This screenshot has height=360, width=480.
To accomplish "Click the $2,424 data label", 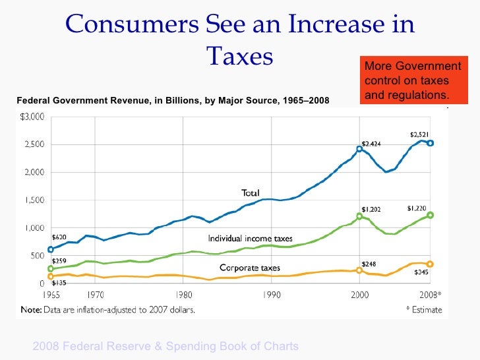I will click(x=371, y=143).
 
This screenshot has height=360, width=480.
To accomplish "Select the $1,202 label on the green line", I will click(x=371, y=209).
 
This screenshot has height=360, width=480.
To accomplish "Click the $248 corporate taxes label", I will click(x=370, y=264).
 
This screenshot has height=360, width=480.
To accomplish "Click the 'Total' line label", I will click(x=250, y=193).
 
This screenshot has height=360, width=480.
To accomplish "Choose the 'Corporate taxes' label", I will click(x=250, y=268).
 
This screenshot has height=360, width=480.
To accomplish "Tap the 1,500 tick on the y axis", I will click(x=34, y=200).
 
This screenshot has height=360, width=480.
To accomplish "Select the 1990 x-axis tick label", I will click(x=272, y=295).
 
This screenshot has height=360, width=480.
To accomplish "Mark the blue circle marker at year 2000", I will click(x=359, y=149).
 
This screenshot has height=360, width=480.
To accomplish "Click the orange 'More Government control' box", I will click(x=413, y=81).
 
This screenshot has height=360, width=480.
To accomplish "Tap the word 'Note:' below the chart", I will click(x=33, y=311).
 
